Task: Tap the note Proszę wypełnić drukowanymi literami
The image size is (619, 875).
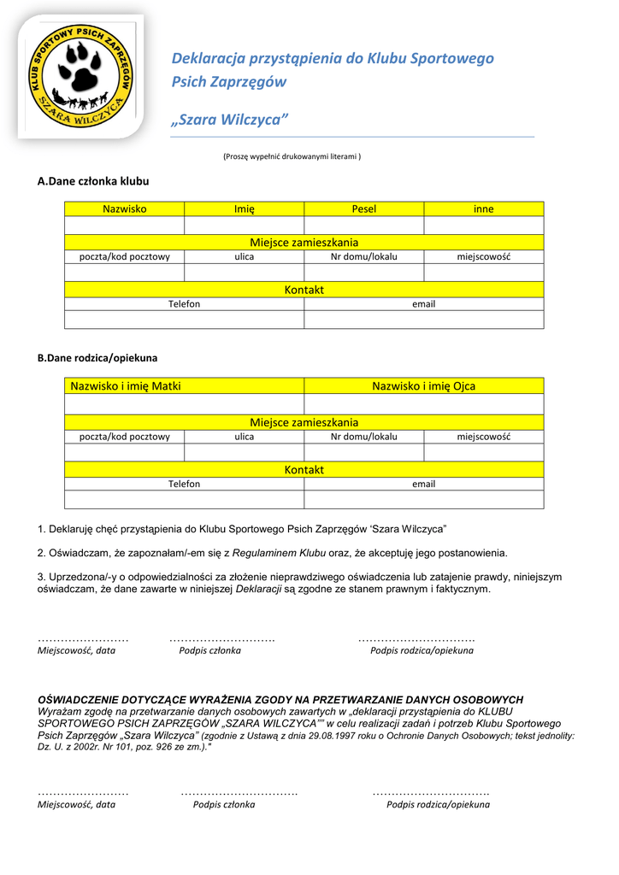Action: pos(292,156)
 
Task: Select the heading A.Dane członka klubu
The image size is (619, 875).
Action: pos(93,181)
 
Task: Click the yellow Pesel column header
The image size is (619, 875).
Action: pos(363,208)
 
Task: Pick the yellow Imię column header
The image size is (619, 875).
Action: pos(245,208)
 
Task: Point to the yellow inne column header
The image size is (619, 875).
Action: pos(483,208)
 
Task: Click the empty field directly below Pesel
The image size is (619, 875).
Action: pos(363,226)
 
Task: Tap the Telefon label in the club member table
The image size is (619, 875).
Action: pos(184,304)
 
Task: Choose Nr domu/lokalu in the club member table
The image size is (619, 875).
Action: pos(363,256)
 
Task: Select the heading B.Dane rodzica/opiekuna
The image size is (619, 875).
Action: pos(97,358)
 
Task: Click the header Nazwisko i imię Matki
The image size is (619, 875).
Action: pos(126,386)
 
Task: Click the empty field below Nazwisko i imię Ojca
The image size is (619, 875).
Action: pos(423,404)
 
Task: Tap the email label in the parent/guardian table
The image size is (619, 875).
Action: pos(423,484)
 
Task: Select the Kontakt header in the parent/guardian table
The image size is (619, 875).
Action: pos(304,470)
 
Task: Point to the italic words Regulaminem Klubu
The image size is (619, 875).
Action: pos(279,553)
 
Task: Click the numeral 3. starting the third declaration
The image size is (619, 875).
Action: pos(42,577)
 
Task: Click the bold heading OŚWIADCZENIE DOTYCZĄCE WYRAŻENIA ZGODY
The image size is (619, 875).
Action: pos(280,700)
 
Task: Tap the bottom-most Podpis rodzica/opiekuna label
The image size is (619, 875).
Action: pos(438,804)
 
